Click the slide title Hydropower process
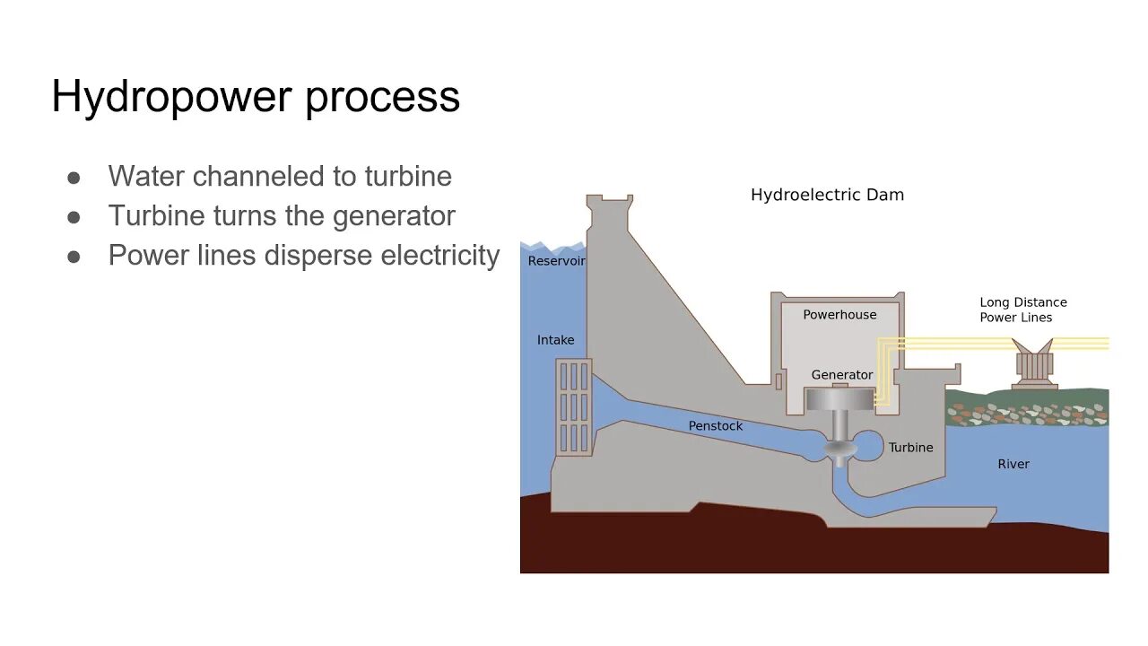256,97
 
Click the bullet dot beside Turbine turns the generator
74,217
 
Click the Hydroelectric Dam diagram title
827,195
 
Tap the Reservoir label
556,261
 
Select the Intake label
555,340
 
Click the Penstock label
715,426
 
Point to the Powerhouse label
839,315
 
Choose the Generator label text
841,375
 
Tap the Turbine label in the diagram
910,448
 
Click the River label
1013,464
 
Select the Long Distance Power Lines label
1022,310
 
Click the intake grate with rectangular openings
573,406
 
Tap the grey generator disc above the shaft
839,399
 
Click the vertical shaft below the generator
839,426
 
